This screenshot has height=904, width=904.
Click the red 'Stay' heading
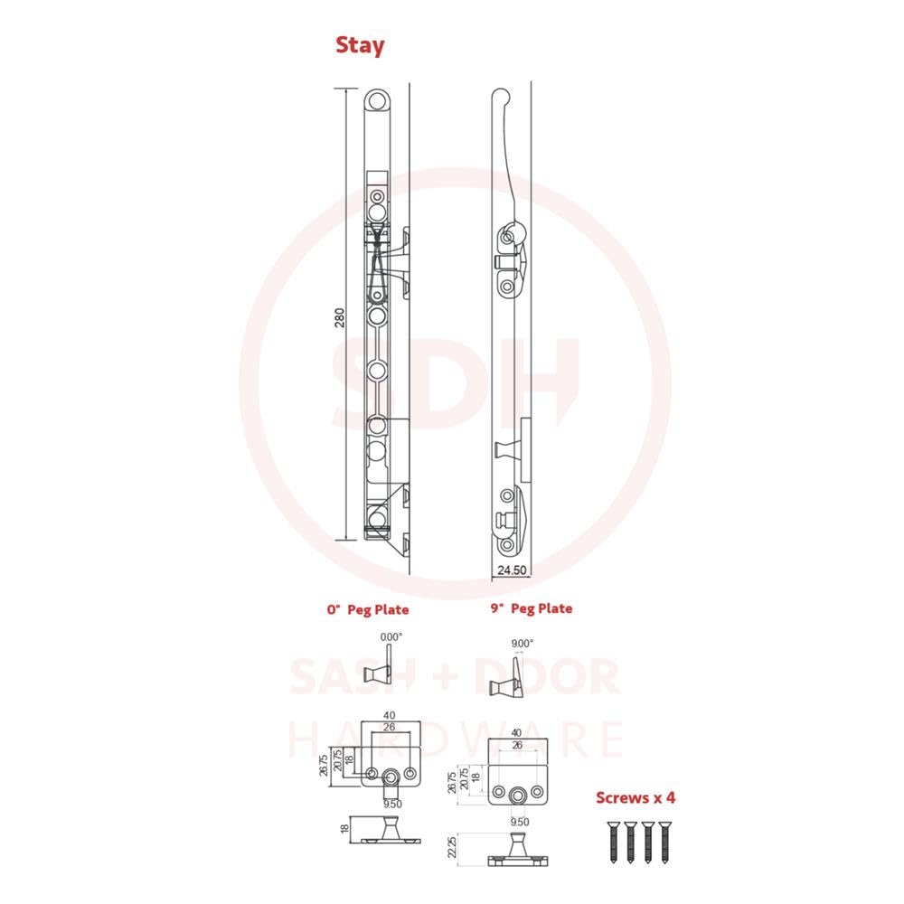[x=360, y=45]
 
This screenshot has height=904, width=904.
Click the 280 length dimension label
[x=340, y=317]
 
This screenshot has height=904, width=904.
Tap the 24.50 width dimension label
[x=512, y=570]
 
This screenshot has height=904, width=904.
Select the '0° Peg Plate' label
[x=368, y=610]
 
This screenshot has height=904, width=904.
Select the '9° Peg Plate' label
[x=532, y=608]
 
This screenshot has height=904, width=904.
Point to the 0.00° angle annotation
[x=391, y=637]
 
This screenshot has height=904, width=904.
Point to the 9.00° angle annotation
[x=523, y=644]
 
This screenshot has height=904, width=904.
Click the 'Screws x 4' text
[x=636, y=798]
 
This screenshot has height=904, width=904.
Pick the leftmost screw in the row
[x=612, y=843]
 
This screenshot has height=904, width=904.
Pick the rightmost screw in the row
[x=664, y=843]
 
